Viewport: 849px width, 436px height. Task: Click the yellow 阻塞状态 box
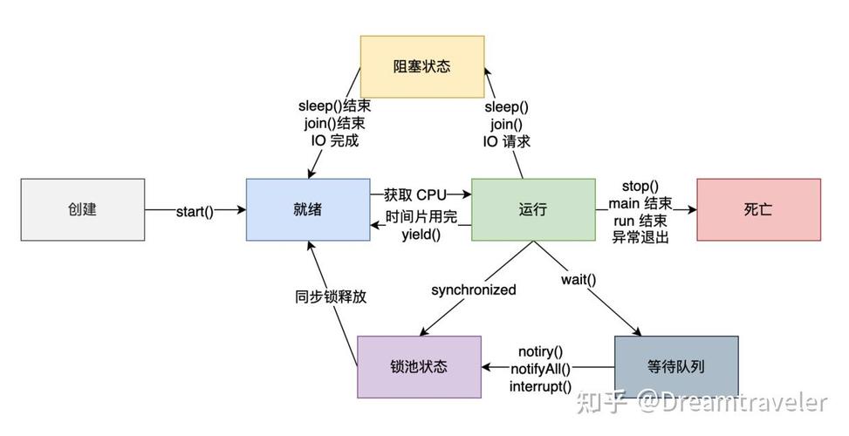422,66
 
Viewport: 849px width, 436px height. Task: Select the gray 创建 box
82,209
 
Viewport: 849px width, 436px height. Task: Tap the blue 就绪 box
307,209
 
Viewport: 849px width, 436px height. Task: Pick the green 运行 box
532,209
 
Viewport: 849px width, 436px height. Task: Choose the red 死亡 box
757,209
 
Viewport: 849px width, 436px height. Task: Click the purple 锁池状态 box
419,366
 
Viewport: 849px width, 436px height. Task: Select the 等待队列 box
676,366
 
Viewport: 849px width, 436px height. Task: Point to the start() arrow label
195,211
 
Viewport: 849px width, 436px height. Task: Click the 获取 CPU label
414,194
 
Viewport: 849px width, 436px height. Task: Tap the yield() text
421,234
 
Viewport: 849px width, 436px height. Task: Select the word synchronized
473,290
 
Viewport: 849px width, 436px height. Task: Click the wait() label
579,280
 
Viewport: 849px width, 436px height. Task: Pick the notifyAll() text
540,368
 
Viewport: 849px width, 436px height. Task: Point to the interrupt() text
541,385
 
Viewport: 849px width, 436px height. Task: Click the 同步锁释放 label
331,296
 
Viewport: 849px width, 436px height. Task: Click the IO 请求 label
507,141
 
